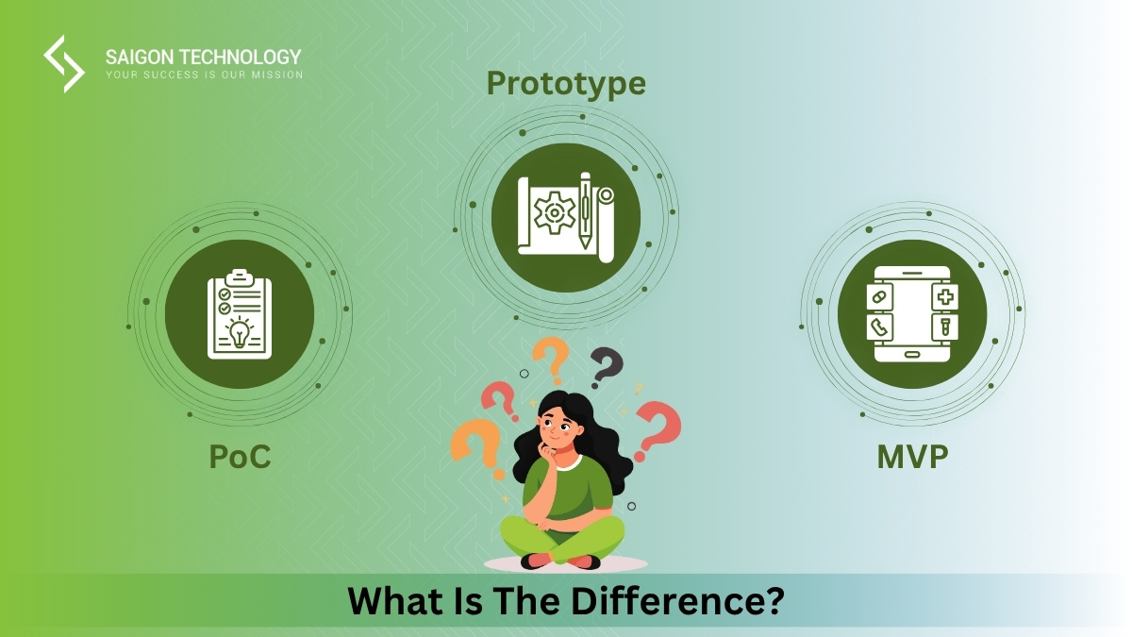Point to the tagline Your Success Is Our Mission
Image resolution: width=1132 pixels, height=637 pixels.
[204, 75]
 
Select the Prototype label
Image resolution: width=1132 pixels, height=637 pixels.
[566, 83]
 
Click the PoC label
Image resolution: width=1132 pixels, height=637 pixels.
[240, 457]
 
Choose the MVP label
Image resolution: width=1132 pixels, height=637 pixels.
[912, 457]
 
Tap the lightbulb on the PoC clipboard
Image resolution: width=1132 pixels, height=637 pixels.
[239, 333]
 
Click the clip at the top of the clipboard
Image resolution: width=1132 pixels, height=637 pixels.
[239, 277]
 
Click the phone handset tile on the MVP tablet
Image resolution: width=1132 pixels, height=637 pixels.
[879, 327]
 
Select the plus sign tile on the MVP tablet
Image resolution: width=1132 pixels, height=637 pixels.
[944, 295]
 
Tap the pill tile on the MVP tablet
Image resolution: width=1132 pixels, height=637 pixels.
[879, 295]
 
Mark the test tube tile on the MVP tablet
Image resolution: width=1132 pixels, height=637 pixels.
[944, 327]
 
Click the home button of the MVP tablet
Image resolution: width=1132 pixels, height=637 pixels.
[912, 354]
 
